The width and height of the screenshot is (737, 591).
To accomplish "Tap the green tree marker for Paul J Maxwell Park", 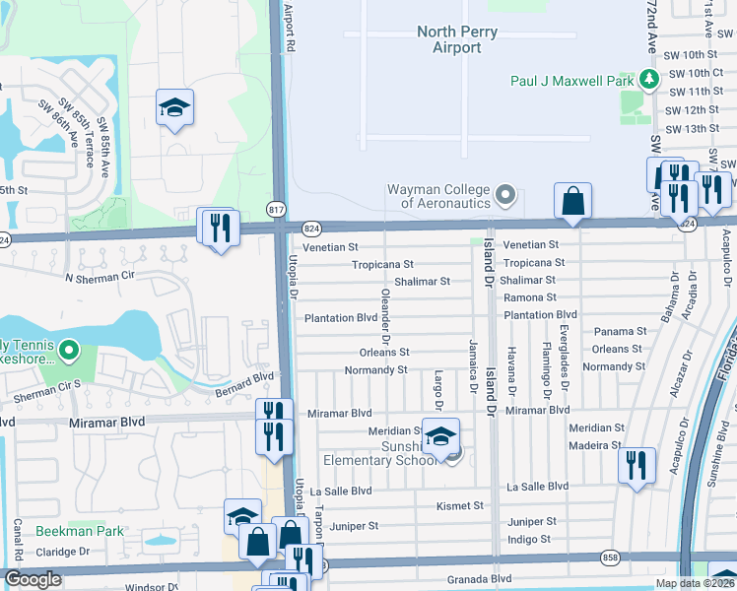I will tap(647, 78).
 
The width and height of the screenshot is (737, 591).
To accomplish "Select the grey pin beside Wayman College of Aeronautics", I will tap(506, 194).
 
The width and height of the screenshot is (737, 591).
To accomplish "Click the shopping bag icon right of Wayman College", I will tap(572, 202).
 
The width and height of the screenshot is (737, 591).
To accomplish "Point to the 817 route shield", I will tap(276, 208).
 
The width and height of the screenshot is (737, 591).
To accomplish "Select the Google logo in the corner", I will tap(32, 579).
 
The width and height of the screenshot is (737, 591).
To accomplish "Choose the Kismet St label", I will tap(460, 506).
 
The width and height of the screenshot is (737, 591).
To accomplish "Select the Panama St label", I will tap(620, 332).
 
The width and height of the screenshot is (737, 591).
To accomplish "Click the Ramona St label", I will tap(530, 297).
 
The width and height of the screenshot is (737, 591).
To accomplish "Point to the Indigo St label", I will tap(528, 539).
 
